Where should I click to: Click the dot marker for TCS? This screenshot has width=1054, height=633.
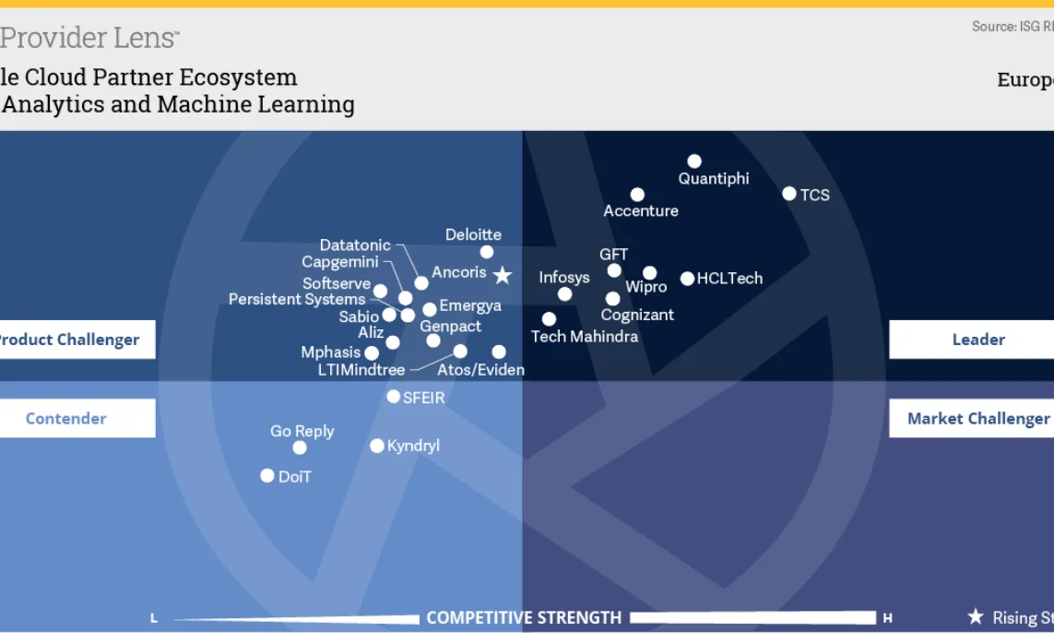pos(789,194)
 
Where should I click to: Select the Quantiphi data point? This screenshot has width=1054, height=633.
pos(694,161)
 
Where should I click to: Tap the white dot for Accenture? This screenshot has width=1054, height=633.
pos(637,195)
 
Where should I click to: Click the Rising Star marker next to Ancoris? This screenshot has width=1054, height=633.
pos(503,275)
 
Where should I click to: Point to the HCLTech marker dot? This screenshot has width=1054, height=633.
pos(687,279)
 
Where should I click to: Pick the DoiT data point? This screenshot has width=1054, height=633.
pos(267,476)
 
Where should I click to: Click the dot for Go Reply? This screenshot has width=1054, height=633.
pos(300,448)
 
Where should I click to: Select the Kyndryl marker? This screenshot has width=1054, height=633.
pos(377,446)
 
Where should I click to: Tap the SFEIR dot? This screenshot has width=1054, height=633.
pos(394,397)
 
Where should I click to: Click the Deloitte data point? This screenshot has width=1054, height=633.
pos(487,252)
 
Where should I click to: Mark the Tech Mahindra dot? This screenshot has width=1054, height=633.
pos(550,319)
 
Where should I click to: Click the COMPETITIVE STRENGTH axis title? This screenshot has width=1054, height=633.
pos(524,617)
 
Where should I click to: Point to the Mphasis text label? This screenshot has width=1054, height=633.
pos(331,352)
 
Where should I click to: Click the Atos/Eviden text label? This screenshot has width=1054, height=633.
pos(480,370)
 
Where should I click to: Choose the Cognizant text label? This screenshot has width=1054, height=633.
pos(637,315)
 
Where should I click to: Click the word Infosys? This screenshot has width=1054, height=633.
pos(564,277)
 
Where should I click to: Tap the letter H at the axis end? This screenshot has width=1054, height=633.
pos(887,618)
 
